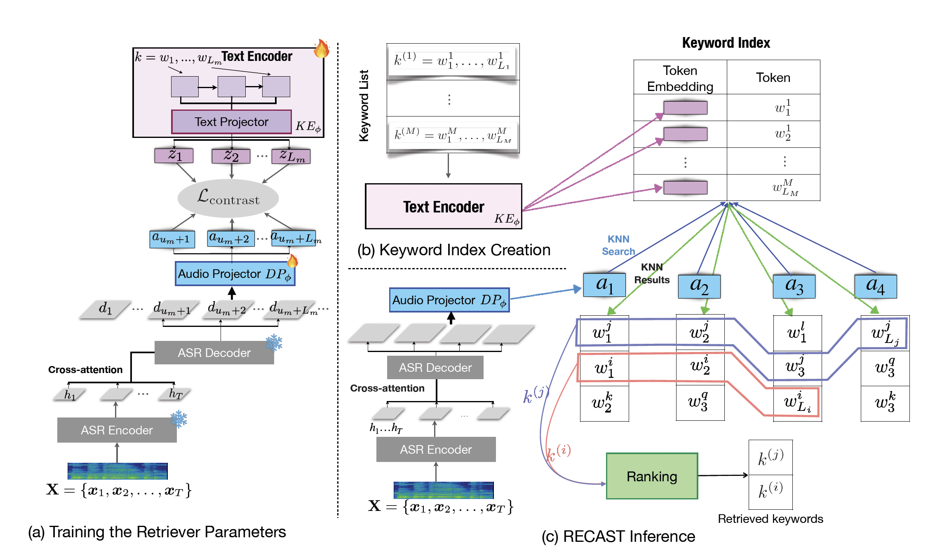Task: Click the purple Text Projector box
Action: (231, 122)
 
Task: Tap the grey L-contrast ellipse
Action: (228, 198)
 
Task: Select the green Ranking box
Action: (652, 476)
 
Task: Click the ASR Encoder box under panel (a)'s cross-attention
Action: (117, 430)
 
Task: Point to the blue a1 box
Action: (604, 285)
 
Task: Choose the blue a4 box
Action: (876, 286)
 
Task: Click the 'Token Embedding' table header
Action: (680, 78)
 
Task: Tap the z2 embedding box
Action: (231, 156)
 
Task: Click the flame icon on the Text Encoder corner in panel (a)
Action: (322, 49)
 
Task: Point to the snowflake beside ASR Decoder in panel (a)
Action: (274, 343)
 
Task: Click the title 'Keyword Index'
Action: (726, 43)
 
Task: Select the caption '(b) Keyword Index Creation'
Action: (454, 250)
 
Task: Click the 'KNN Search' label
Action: (618, 245)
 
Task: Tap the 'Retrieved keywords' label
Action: (770, 519)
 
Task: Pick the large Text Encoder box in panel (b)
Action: (444, 206)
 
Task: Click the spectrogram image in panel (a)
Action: (117, 471)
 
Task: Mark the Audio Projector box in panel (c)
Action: (449, 300)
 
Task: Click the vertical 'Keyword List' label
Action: (364, 106)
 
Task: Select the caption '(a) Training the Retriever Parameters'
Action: (157, 532)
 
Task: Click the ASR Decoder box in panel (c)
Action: (435, 367)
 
